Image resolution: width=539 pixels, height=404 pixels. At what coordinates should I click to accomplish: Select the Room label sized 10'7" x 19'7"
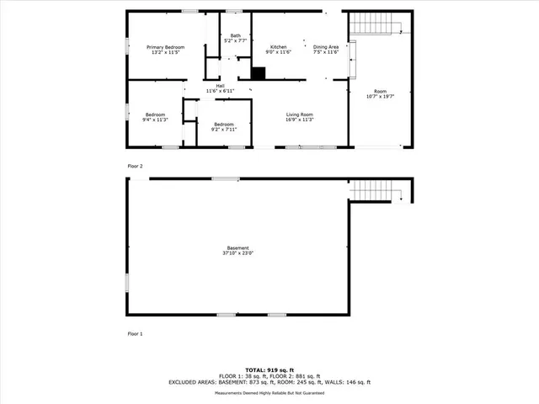coord(380,93)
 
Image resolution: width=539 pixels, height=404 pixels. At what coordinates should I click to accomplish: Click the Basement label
coord(237,249)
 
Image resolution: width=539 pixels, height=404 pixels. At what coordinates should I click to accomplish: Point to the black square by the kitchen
coord(258,73)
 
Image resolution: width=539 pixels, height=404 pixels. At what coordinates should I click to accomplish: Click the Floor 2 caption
coord(135,166)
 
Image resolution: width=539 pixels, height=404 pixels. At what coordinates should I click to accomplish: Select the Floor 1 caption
coord(135,334)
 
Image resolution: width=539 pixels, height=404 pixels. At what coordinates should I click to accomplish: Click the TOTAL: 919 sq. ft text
coord(269,369)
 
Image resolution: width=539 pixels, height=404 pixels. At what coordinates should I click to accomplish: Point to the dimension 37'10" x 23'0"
coord(237,252)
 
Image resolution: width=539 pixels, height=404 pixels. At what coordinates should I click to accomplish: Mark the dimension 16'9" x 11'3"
coord(300,120)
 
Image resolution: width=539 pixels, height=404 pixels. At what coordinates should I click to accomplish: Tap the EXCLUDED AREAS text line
coord(269,382)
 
